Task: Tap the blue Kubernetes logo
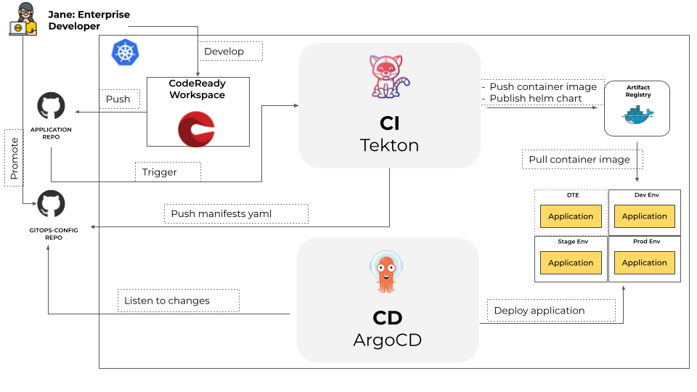point(126,52)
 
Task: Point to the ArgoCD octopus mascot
point(386,272)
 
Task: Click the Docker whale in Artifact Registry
point(637,115)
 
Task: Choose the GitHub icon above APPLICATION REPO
point(51,106)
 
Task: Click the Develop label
point(229,52)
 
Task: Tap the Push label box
point(118,99)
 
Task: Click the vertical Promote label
point(14,158)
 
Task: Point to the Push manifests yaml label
point(236,213)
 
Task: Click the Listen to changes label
point(178,301)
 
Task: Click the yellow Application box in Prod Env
point(644,263)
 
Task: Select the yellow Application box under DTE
point(571,216)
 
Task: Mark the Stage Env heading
point(573,242)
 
